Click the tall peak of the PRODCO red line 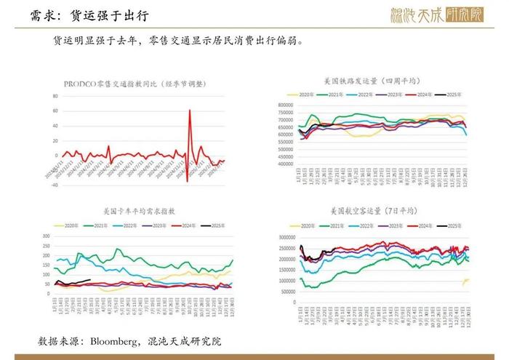pyautogui.click(x=190, y=111)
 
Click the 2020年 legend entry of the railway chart pyautogui.click(x=298, y=94)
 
